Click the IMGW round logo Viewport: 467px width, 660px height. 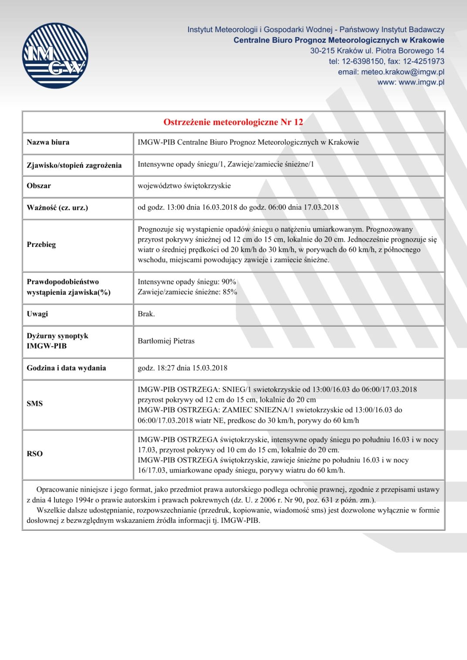[55, 56]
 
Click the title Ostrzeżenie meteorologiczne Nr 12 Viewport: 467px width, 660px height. [233, 122]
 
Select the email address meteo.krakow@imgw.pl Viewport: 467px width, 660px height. [403, 72]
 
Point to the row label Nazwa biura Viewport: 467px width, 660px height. [48, 142]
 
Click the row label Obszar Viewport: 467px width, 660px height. [39, 186]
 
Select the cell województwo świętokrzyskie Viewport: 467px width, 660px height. [184, 186]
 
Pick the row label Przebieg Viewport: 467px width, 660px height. [41, 245]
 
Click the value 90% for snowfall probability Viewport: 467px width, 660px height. [229, 282]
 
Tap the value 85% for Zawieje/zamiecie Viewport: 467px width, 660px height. [230, 292]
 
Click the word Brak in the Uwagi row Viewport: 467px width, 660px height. [146, 314]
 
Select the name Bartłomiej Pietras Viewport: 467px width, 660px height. [166, 341]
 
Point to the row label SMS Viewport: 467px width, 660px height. [35, 404]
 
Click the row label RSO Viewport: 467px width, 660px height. [35, 454]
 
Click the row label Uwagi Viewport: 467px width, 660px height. [37, 314]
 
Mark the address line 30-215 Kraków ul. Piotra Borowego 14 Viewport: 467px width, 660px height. [377, 51]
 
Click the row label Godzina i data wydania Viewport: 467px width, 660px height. [66, 368]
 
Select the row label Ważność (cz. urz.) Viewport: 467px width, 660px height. [57, 208]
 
